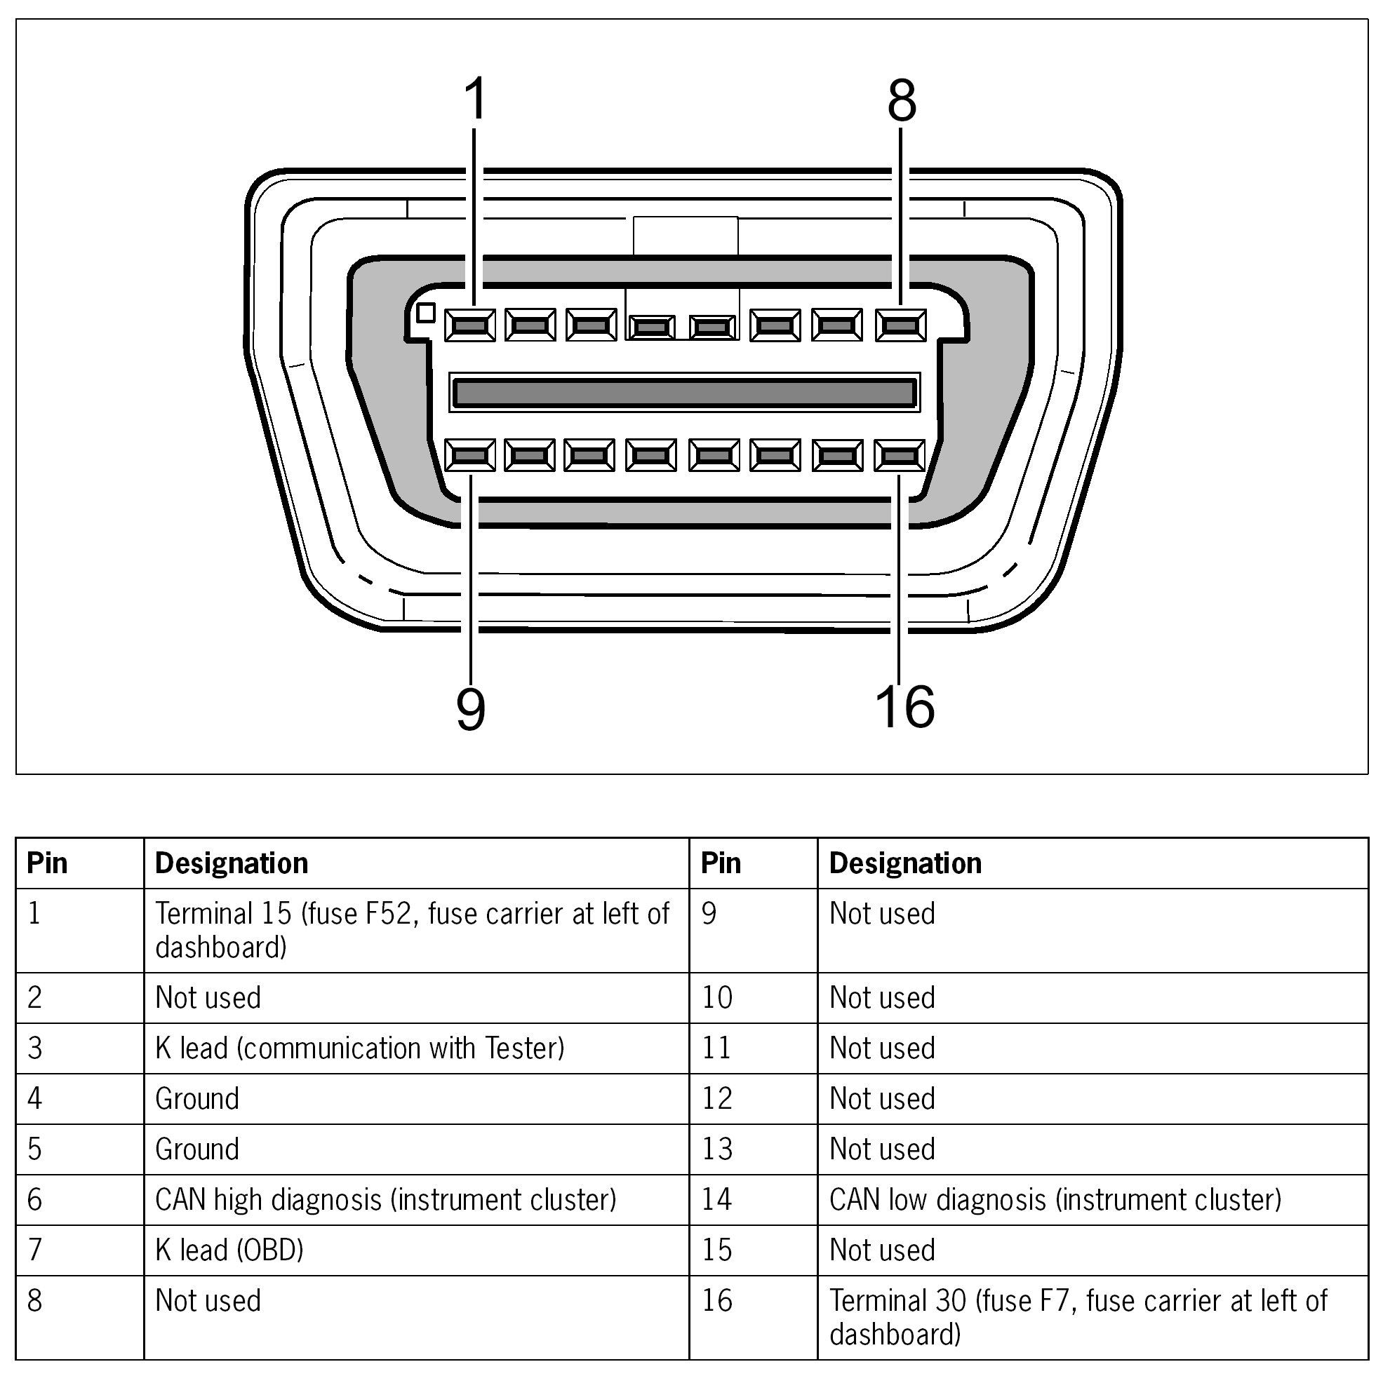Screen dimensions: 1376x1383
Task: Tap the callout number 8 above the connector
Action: tap(901, 100)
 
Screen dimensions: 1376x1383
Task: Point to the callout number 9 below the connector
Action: tap(470, 709)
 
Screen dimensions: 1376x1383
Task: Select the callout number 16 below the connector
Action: tap(905, 707)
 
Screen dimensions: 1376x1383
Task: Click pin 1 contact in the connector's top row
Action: tap(469, 325)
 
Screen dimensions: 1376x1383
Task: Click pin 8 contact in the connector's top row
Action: tap(900, 325)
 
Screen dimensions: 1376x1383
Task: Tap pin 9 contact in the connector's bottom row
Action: tap(469, 455)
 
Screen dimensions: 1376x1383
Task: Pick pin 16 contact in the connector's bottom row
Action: tap(899, 455)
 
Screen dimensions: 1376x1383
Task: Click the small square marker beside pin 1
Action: tap(426, 313)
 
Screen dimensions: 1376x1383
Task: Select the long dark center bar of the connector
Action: tap(684, 393)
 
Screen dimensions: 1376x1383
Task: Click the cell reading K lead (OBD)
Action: tap(229, 1249)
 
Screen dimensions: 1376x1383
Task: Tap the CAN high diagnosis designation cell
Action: tap(385, 1199)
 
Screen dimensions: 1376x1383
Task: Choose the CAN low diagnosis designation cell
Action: tap(1055, 1199)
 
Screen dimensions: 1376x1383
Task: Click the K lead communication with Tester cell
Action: tap(359, 1048)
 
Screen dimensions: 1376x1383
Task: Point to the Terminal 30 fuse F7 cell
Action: tap(1077, 1316)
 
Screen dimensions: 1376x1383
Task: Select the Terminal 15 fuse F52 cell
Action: tap(412, 929)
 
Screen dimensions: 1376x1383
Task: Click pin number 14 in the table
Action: tap(716, 1199)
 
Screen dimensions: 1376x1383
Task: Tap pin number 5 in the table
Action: tap(35, 1149)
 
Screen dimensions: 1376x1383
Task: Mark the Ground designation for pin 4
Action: tap(197, 1098)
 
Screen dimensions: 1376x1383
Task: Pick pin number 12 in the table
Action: tap(716, 1098)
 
